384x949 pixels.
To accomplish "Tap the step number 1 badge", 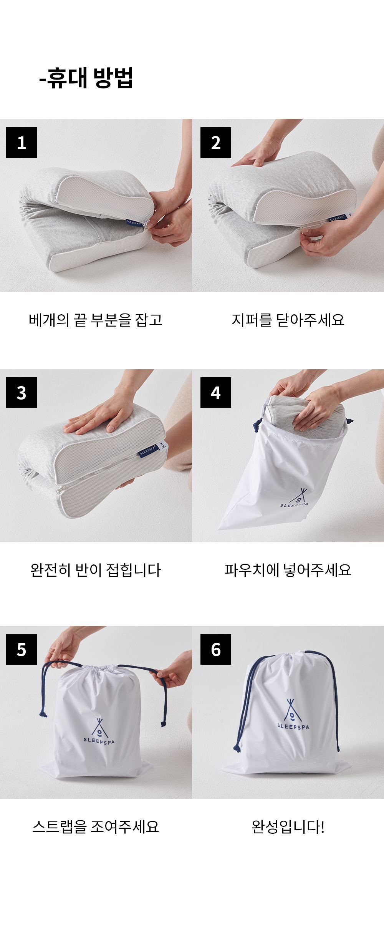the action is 22,143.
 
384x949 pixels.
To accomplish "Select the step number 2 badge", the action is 216,143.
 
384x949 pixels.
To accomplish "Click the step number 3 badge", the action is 22,393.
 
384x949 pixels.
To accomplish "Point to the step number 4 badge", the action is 216,393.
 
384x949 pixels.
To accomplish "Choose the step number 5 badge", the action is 22,649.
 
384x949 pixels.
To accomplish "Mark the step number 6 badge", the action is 216,649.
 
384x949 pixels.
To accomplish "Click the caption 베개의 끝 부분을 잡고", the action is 96,320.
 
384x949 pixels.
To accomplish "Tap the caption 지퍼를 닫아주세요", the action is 288,320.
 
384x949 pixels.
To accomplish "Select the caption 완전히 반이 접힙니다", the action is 96,570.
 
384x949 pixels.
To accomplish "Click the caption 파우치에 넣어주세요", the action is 288,570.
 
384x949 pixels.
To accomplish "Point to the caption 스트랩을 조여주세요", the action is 96,826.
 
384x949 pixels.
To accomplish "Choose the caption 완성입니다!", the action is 288,826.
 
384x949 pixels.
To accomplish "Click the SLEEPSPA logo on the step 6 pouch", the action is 293,714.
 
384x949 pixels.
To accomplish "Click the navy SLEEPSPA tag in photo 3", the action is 148,450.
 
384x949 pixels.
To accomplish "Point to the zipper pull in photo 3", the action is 60,490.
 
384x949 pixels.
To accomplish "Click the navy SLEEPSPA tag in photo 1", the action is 134,222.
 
